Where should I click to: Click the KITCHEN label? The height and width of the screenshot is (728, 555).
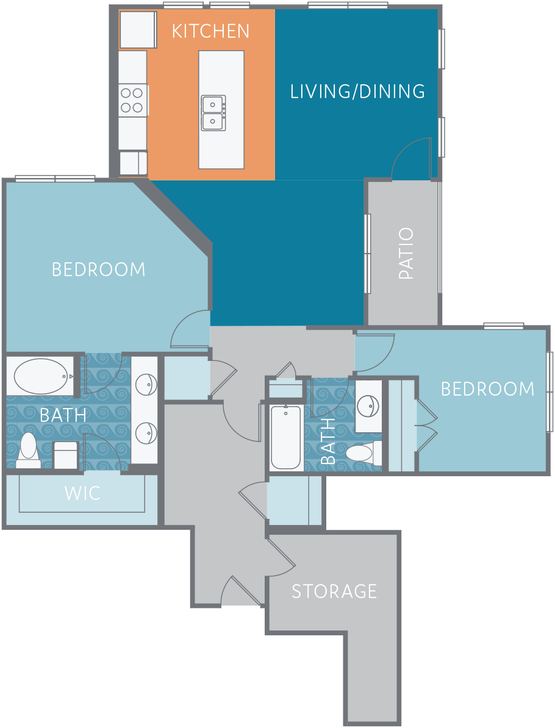pos(211,31)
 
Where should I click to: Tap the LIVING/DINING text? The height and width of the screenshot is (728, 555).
pos(357,91)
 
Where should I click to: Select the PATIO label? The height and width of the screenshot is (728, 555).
pos(406,253)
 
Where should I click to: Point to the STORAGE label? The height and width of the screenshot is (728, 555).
pos(334,591)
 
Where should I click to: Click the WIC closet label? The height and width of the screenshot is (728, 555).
pos(82,493)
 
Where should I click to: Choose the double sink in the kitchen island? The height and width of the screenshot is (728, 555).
pos(213,113)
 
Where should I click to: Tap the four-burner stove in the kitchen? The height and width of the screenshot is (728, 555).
pos(133,100)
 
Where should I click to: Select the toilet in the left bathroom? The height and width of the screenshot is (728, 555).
pos(28,451)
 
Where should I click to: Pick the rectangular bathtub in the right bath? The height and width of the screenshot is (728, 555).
pos(285,437)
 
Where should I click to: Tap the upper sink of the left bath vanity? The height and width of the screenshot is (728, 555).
pos(146,385)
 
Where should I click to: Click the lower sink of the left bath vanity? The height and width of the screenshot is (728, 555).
pos(146,433)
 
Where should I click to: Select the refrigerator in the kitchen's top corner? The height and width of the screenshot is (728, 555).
pos(138,30)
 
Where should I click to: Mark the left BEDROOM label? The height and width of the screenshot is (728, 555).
pos(98,269)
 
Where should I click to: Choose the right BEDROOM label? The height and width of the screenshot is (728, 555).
pos(488,389)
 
